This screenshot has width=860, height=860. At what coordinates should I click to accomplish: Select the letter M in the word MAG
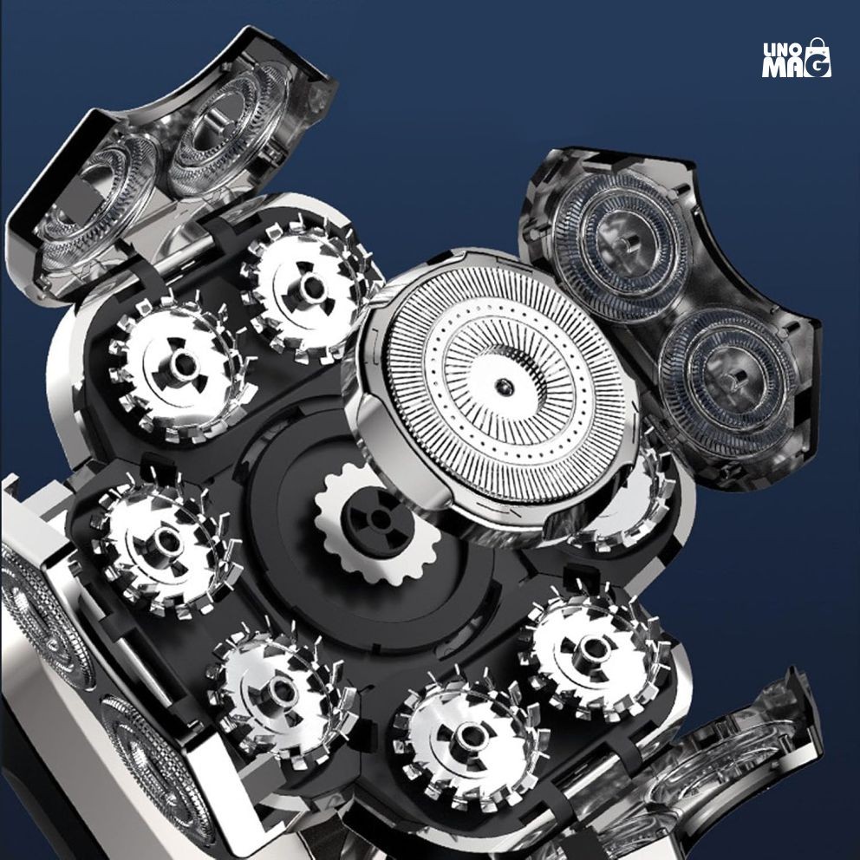772,67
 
